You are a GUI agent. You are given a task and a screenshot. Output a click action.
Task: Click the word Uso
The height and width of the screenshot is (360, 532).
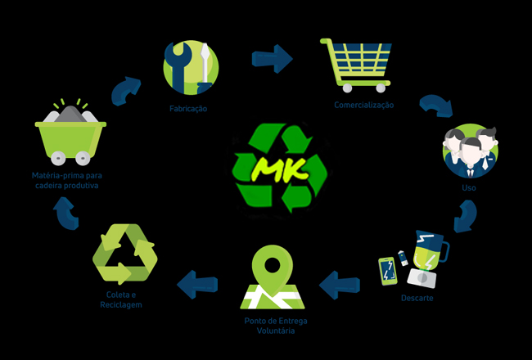469,188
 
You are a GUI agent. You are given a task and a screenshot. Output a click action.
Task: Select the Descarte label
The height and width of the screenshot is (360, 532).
417,298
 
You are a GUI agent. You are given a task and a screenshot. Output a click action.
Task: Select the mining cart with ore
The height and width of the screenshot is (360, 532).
70,133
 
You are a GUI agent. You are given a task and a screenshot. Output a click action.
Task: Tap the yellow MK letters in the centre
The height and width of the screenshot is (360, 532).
277,169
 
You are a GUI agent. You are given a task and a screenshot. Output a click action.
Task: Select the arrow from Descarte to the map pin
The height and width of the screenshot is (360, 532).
340,285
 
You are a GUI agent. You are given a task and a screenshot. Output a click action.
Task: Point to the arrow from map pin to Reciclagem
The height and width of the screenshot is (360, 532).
198,284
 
